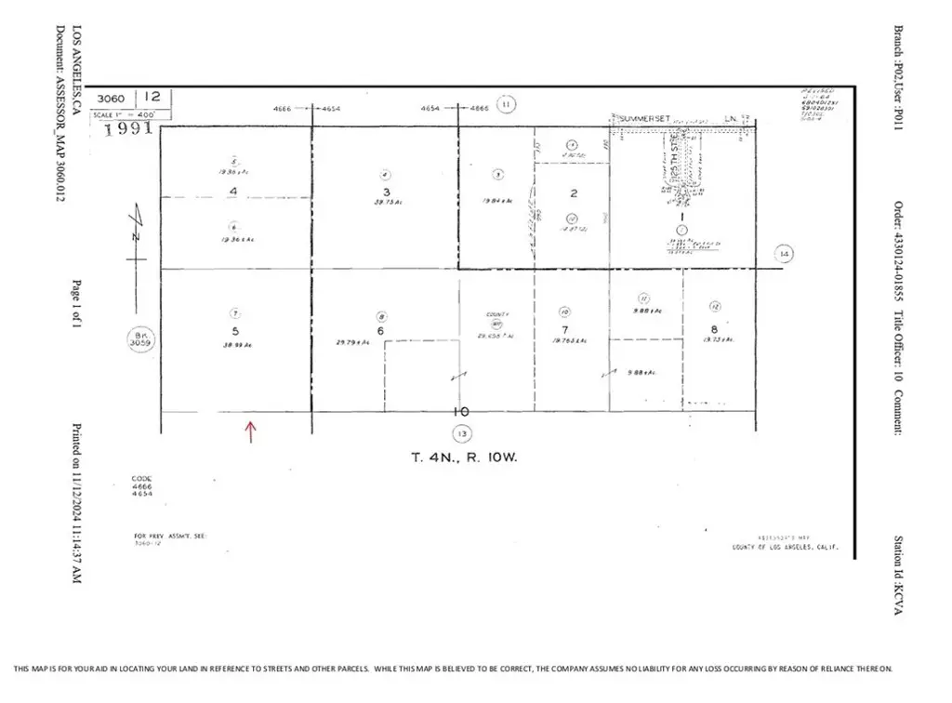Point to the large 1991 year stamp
pyautogui.click(x=127, y=129)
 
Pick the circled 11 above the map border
pyautogui.click(x=506, y=104)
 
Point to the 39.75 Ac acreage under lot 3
pyautogui.click(x=384, y=201)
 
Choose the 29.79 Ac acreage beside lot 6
pyautogui.click(x=353, y=342)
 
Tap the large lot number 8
pyautogui.click(x=714, y=328)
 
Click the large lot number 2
pyautogui.click(x=574, y=193)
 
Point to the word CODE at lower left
pyautogui.click(x=141, y=480)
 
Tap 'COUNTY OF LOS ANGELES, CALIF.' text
pyautogui.click(x=787, y=547)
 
